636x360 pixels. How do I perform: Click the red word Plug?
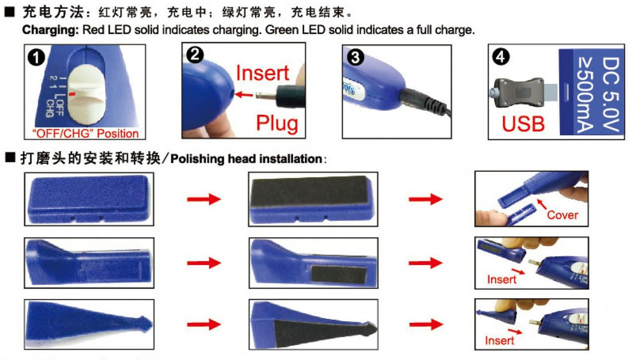[277, 123]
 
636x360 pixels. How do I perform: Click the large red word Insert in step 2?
[262, 73]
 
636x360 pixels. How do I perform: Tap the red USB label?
[523, 124]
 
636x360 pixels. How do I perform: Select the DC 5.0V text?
[611, 94]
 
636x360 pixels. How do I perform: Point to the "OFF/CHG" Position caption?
[85, 134]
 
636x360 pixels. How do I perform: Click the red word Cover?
[562, 215]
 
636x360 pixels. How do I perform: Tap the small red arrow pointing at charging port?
[243, 94]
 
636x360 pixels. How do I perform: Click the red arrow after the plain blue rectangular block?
[204, 199]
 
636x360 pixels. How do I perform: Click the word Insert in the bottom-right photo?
[499, 340]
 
